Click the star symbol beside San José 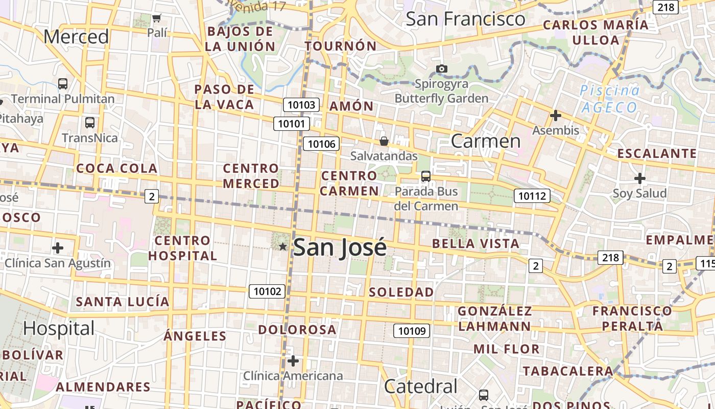click(x=283, y=247)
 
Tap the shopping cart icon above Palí click(x=157, y=18)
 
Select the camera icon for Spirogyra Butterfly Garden click(x=442, y=69)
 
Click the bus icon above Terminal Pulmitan click(x=63, y=84)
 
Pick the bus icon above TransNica click(x=90, y=123)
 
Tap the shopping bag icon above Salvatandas click(x=384, y=141)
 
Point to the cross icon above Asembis click(x=556, y=116)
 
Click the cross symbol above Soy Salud click(x=639, y=178)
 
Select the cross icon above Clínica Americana click(x=293, y=361)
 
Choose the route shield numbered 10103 click(x=301, y=105)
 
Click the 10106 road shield click(x=321, y=144)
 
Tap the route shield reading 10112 click(x=532, y=195)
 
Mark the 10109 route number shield click(x=412, y=331)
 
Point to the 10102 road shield click(x=267, y=291)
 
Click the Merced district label click(x=76, y=37)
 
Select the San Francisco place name click(x=465, y=19)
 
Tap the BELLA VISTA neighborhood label click(x=475, y=243)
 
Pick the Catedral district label click(x=420, y=387)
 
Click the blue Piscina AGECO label click(x=609, y=99)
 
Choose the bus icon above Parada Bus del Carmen click(x=426, y=177)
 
